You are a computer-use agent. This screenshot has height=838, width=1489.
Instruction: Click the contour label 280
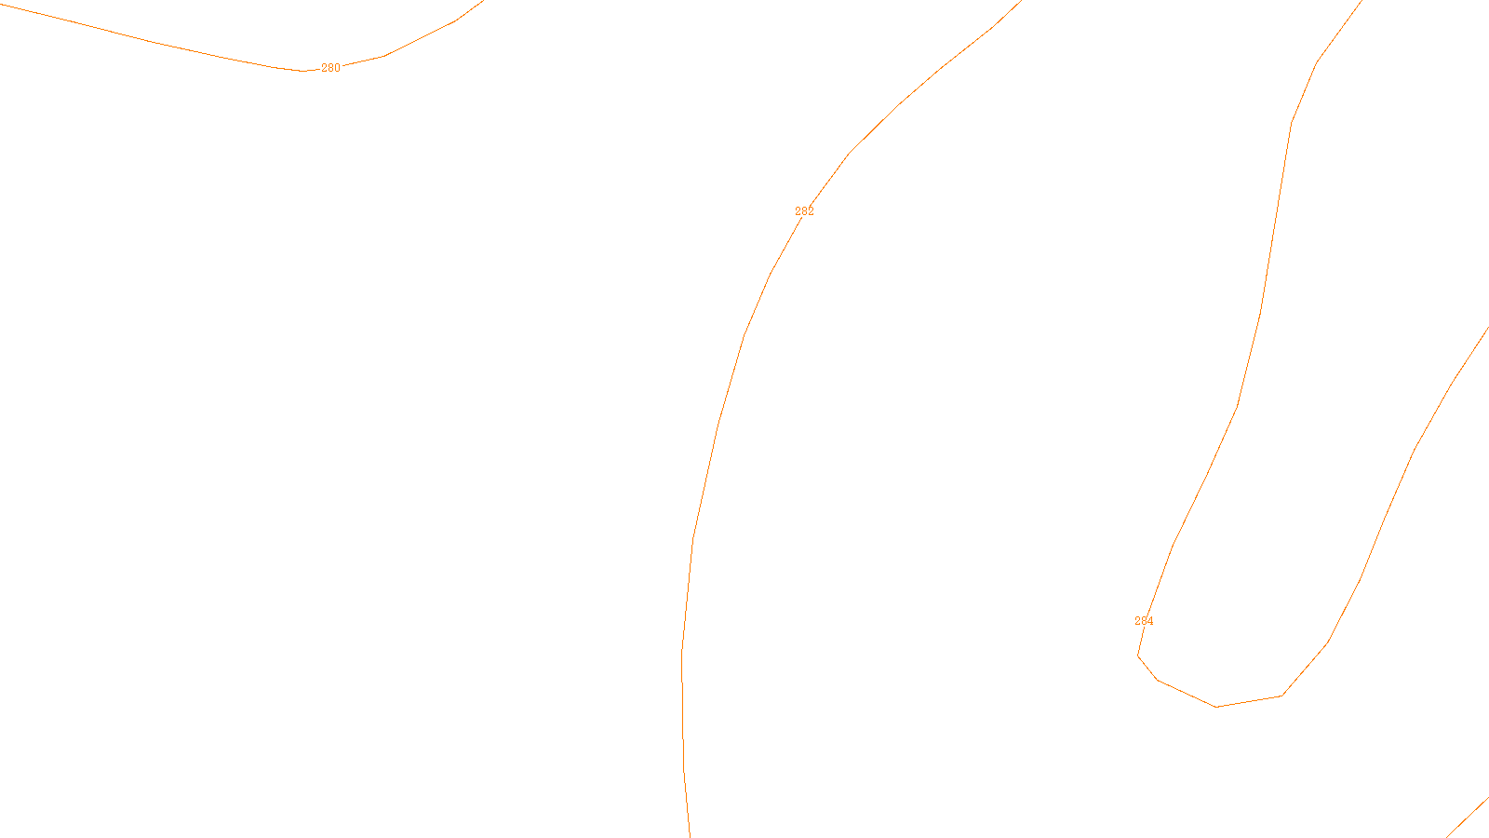(330, 68)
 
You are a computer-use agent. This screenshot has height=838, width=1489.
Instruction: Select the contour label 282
(804, 211)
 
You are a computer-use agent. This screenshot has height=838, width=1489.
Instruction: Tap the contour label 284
(1144, 621)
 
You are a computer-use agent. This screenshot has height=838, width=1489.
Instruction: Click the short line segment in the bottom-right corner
(1469, 817)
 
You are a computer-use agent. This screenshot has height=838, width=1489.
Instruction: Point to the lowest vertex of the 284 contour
(1216, 707)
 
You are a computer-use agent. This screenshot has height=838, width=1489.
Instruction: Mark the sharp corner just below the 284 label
(1138, 656)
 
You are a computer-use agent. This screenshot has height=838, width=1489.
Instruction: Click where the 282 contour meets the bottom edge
(690, 836)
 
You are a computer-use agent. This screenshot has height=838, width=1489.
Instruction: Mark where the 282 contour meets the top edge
(1021, 1)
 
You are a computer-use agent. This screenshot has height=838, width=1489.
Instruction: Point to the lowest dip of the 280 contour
(302, 71)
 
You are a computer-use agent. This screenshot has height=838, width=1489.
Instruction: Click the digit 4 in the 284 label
(1150, 621)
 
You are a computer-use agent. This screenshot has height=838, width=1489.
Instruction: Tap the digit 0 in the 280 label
(337, 68)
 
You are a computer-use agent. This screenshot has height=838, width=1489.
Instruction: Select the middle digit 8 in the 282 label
(804, 211)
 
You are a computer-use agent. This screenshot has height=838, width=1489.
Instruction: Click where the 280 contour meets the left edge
(1, 4)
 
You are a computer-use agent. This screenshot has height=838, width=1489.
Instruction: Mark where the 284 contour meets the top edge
(1362, 1)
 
